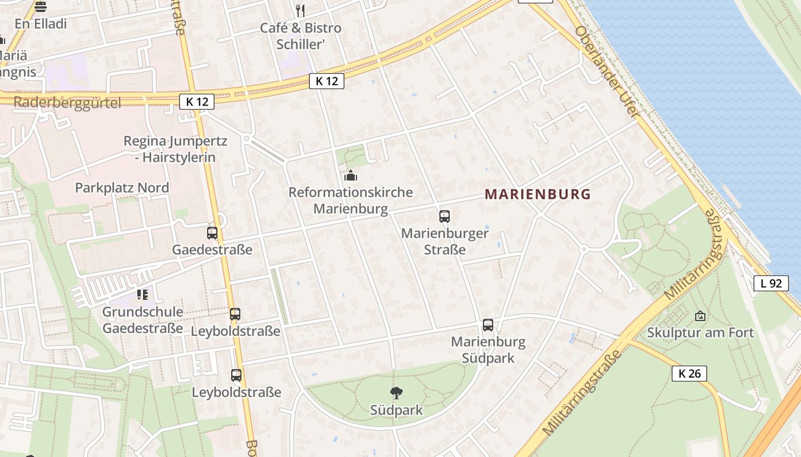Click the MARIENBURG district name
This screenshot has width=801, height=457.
[x=537, y=194]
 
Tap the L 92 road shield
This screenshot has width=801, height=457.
[x=771, y=283]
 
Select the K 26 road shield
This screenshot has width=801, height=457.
[x=689, y=374]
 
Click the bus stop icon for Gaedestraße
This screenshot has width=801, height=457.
[x=212, y=233]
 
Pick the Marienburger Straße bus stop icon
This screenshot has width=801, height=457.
[x=445, y=217]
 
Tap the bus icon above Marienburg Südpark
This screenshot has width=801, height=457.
[x=488, y=325]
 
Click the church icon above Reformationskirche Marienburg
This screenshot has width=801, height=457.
[x=351, y=175]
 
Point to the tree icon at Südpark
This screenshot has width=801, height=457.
[x=396, y=392]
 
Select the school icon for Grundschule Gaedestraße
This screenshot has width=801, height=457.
[x=142, y=295]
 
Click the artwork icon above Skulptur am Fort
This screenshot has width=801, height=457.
[x=700, y=315]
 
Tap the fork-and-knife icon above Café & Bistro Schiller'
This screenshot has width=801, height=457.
[x=300, y=10]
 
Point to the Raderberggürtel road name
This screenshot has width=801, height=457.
[x=67, y=103]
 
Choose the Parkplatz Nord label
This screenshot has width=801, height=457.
[x=122, y=188]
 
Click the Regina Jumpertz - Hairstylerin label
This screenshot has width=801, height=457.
[x=175, y=149]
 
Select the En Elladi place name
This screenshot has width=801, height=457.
[x=41, y=24]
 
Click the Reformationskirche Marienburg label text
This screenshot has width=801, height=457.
[x=350, y=201]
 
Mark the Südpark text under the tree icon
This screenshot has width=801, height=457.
[x=396, y=410]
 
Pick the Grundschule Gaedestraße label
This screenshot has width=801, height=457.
[x=142, y=320]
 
